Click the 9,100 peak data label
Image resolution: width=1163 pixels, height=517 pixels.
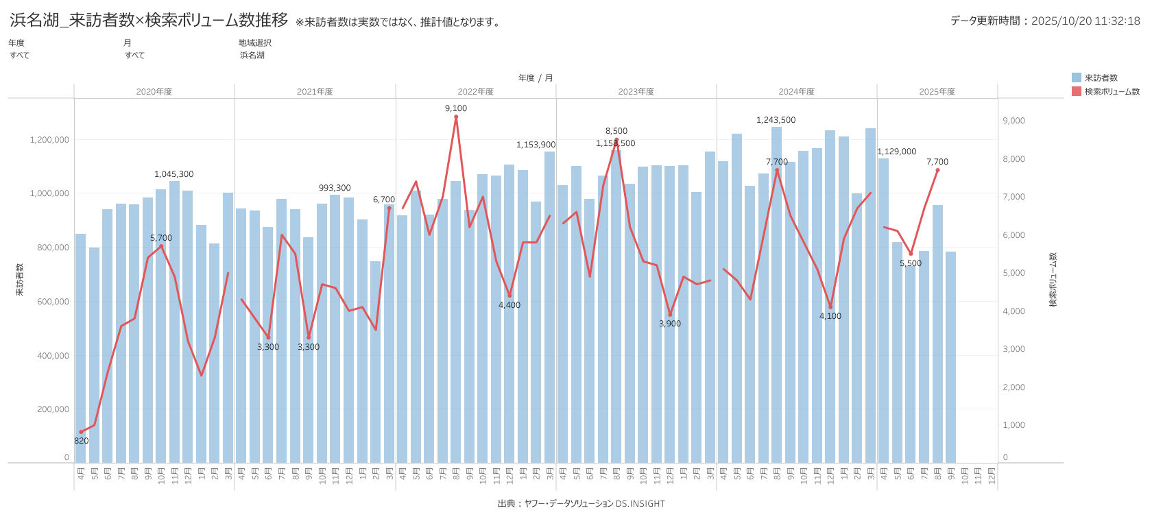tap(456, 108)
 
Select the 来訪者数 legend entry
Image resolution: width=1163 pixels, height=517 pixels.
tap(1101, 78)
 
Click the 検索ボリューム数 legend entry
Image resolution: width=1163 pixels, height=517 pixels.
tap(1112, 92)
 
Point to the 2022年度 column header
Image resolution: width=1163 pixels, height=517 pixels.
tap(475, 92)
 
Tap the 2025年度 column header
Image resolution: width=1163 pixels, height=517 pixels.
tap(937, 92)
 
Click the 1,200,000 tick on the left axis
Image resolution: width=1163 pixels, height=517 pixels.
tap(49, 140)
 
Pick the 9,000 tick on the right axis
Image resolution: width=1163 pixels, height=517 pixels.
tap(1014, 121)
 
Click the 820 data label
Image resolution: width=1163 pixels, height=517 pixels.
tap(81, 441)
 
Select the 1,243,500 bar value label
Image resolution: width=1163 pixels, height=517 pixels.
tap(776, 120)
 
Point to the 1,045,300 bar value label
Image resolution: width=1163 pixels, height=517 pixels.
tap(173, 174)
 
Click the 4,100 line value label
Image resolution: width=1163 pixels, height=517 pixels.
tap(830, 316)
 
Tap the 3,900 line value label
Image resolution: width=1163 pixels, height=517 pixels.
tap(669, 324)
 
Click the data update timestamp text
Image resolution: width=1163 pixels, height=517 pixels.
tap(1044, 21)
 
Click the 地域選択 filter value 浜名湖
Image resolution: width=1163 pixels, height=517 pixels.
tap(252, 56)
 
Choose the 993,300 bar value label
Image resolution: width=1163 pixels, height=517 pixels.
tap(335, 188)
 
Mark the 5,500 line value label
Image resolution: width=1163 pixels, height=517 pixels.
tap(911, 263)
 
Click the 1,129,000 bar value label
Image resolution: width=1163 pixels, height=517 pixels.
tap(896, 152)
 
